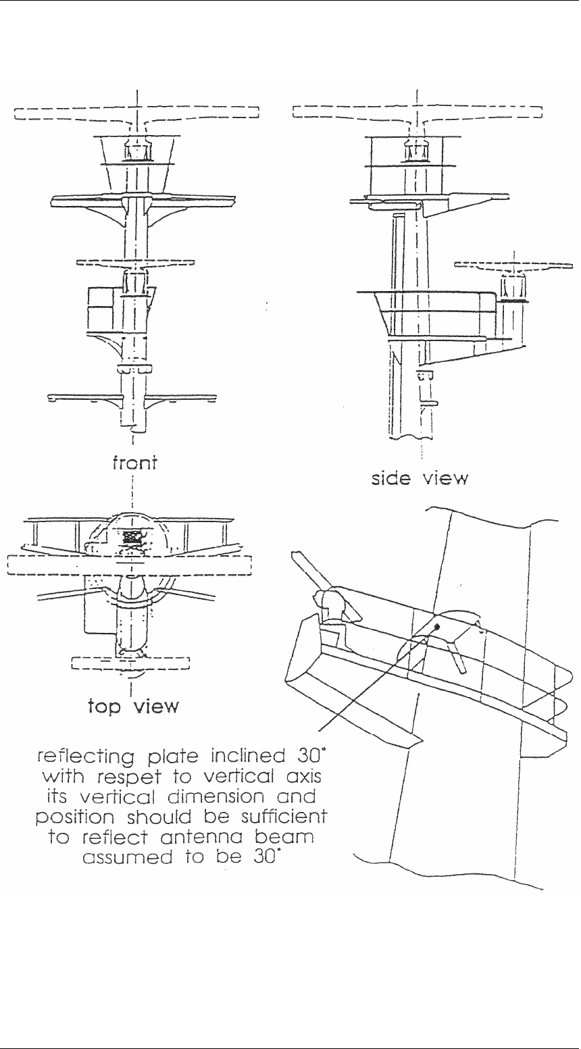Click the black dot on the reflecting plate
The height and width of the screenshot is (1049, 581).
point(437,626)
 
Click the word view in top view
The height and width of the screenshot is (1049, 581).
point(155,707)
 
